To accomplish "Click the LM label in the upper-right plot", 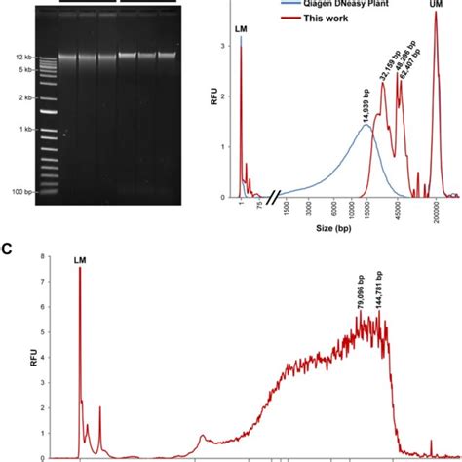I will pos(241,31).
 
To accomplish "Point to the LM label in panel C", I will pos(80,260).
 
